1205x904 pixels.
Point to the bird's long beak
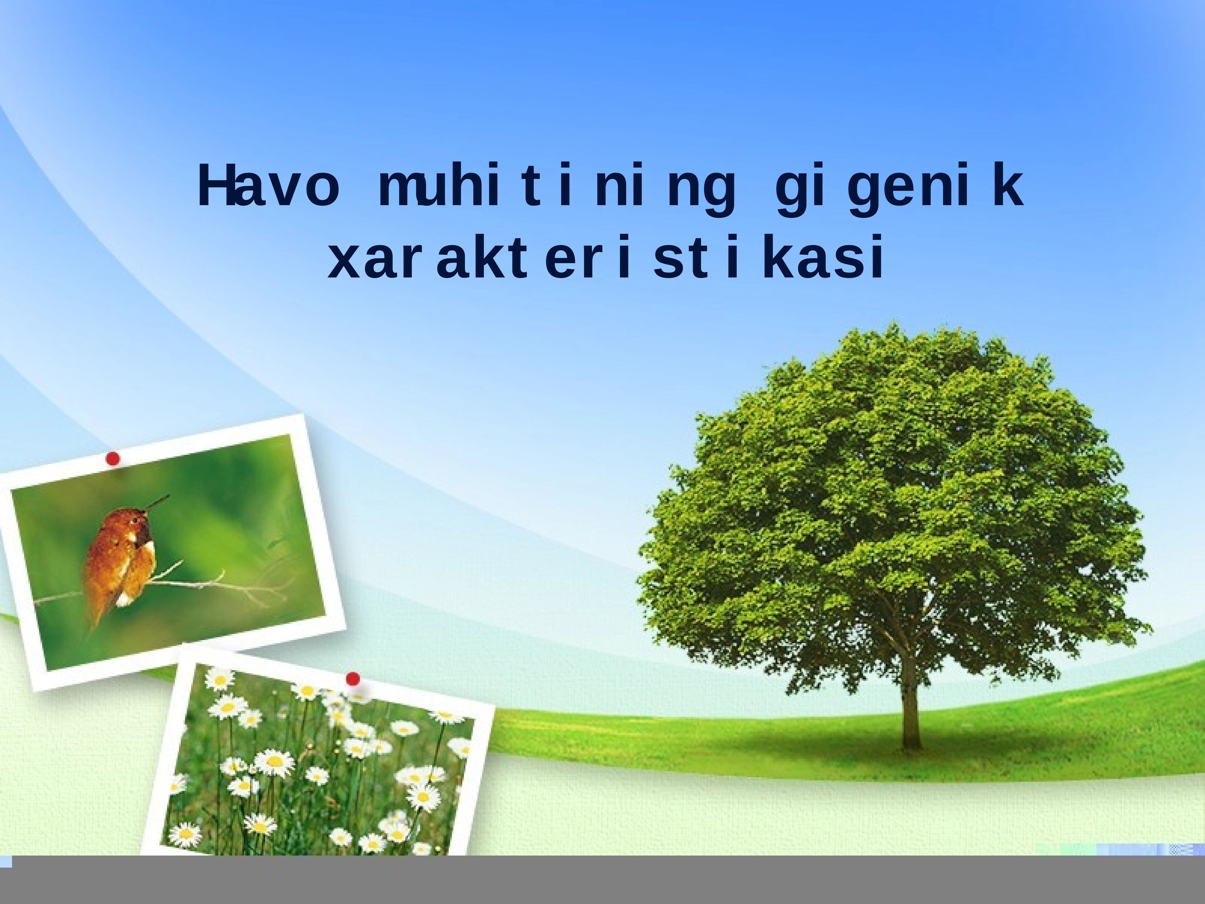coord(158,501)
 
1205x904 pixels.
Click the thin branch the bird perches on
coord(218,586)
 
